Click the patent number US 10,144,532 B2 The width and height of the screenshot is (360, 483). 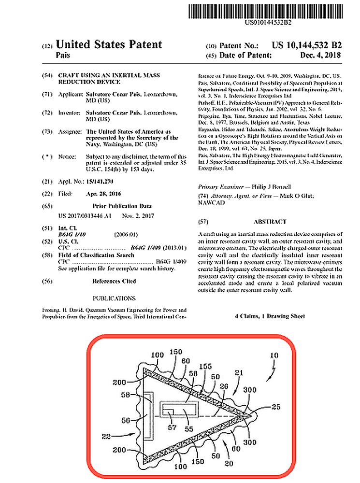coord(307,45)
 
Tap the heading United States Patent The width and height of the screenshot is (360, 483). coord(109,45)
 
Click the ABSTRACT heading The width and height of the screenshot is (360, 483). coord(270,222)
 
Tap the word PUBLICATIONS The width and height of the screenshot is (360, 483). coord(114,298)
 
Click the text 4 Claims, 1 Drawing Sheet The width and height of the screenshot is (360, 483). coord(270,316)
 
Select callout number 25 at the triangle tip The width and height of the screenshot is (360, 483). coord(275,407)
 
